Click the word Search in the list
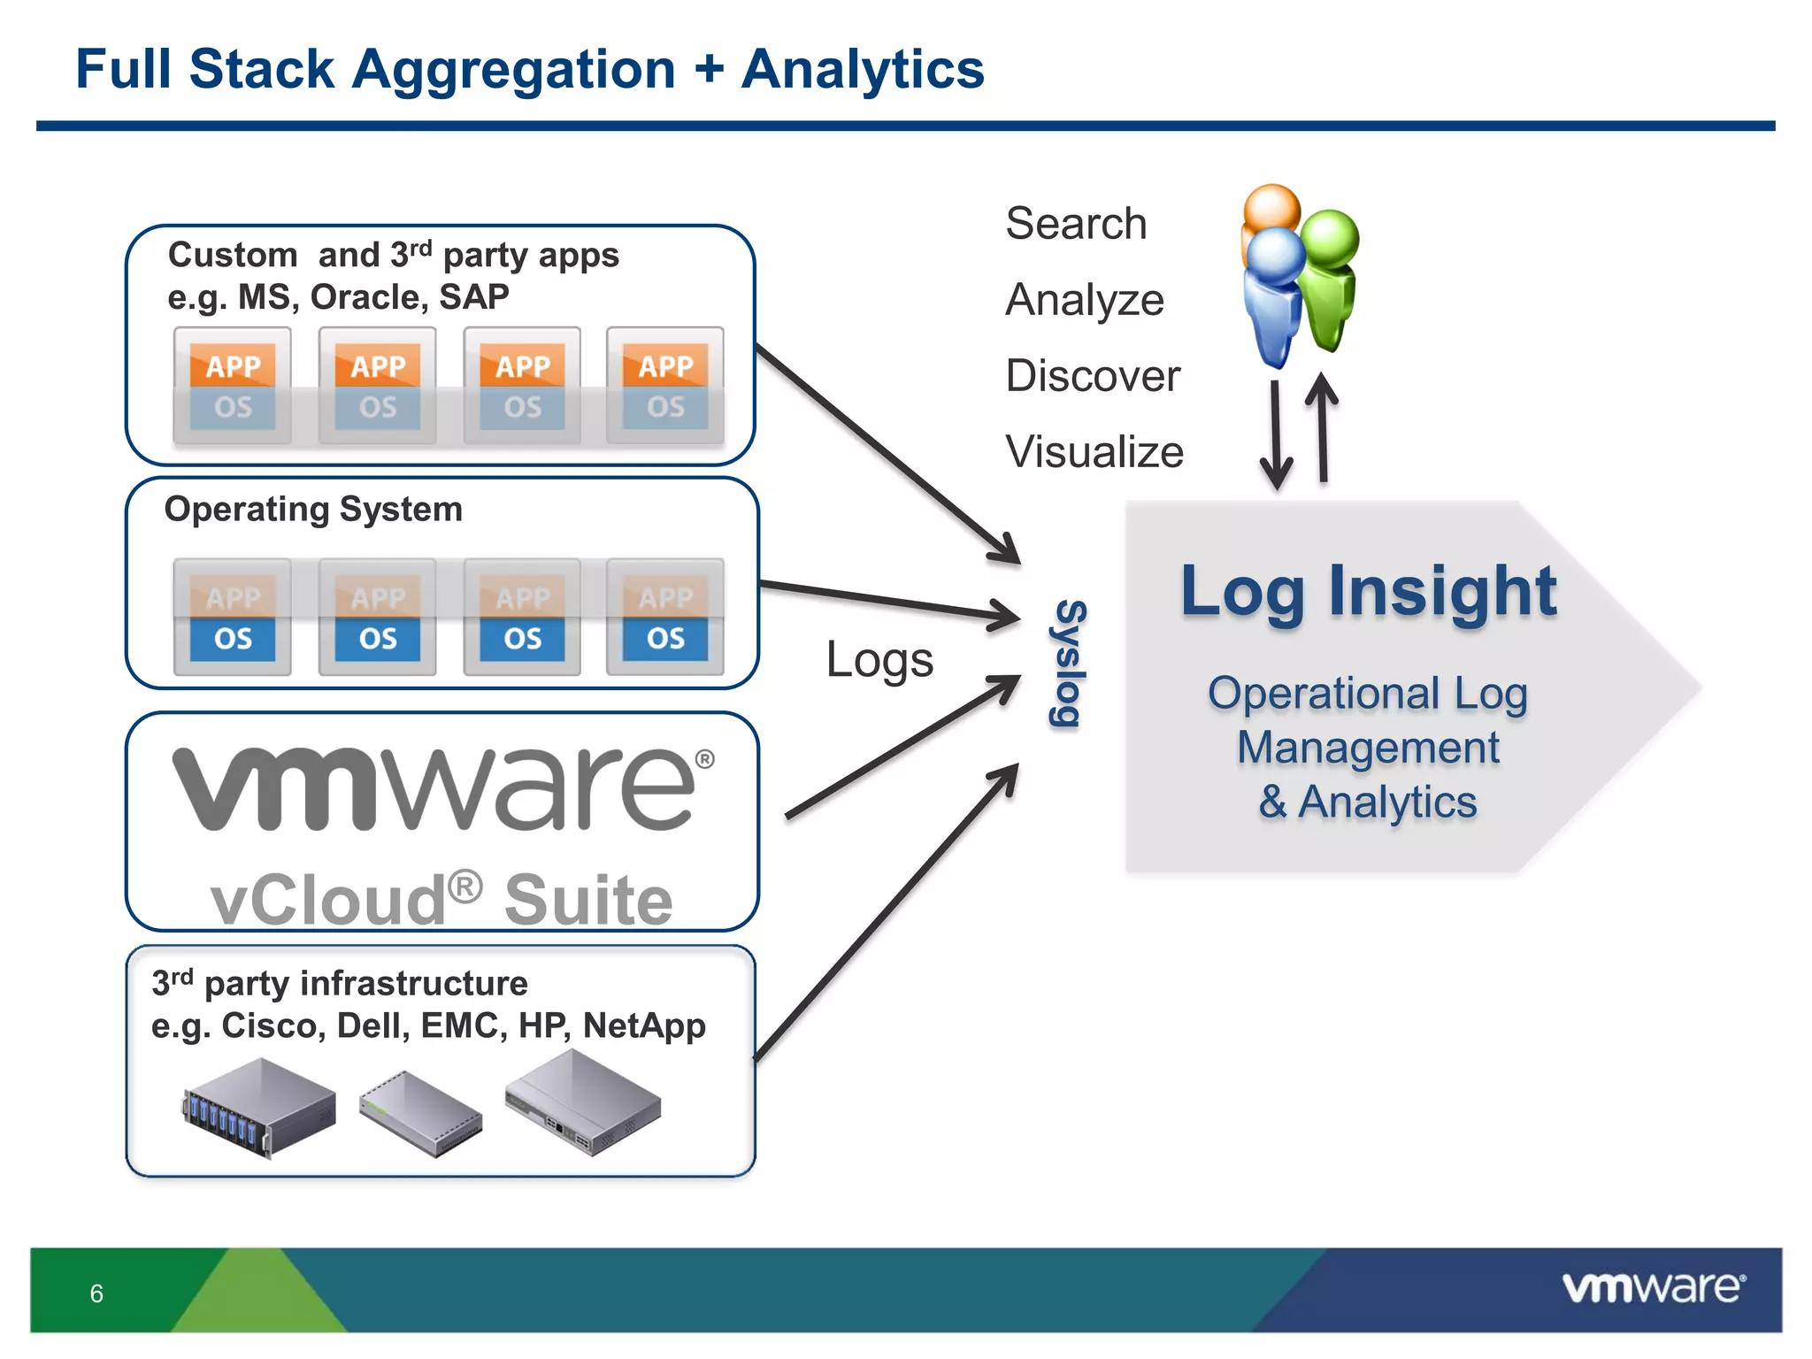[1076, 223]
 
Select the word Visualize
[1094, 452]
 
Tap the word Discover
[1093, 376]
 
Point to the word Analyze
[1085, 300]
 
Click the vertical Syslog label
[1068, 664]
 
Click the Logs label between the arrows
[879, 660]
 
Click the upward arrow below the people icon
[1322, 428]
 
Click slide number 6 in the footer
[96, 1294]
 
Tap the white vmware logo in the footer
[1653, 1288]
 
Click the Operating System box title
[313, 510]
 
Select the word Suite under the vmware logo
[588, 900]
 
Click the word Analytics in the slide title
[863, 71]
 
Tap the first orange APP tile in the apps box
[233, 365]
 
